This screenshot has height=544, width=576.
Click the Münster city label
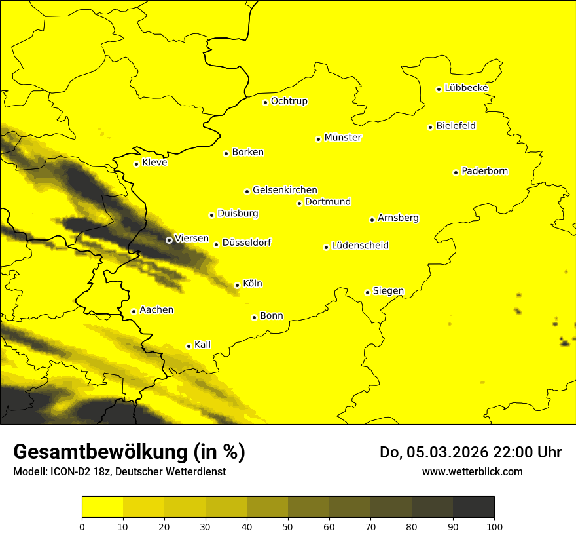point(342,138)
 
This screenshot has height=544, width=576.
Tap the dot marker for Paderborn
point(456,172)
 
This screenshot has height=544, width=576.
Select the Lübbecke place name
point(466,88)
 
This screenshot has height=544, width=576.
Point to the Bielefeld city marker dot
point(431,127)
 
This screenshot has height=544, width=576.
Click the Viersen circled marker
point(169,240)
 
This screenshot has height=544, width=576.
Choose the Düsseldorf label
point(246,243)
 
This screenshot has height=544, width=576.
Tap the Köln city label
point(252,284)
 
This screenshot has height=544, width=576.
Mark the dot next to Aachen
point(134,311)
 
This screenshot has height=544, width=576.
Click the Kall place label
point(202,345)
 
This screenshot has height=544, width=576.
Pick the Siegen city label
point(388,291)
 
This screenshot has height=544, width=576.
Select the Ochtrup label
point(289,101)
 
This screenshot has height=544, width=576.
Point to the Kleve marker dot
point(136,164)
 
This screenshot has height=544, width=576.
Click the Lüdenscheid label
point(360,246)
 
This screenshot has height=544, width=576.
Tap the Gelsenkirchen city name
point(285,190)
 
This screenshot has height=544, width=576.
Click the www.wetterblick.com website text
point(472,471)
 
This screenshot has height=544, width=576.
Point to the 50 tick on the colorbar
point(288,526)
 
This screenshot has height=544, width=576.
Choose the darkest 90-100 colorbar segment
point(473,507)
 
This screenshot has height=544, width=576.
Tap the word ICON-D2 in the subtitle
point(69,471)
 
